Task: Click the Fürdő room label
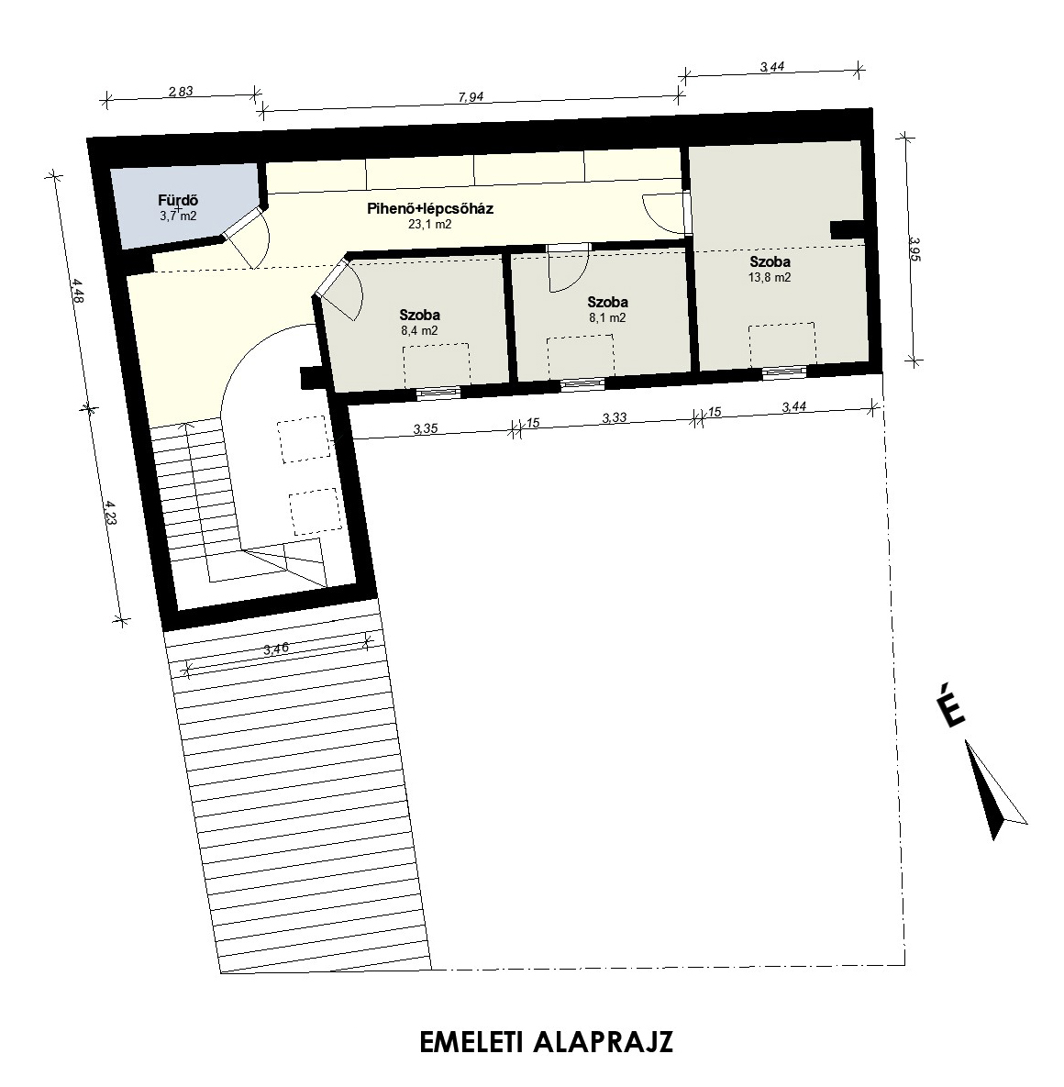tap(177, 201)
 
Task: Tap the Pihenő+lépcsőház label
tap(430, 208)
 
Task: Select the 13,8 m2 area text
tap(770, 277)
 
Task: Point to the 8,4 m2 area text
tap(419, 330)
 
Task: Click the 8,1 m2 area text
tap(607, 318)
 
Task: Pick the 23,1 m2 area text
tap(430, 225)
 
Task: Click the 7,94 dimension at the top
tap(471, 97)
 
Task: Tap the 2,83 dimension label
tap(180, 91)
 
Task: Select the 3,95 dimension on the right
tap(914, 249)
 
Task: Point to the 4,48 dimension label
tap(78, 291)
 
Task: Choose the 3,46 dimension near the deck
tap(276, 649)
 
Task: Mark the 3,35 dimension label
tap(425, 428)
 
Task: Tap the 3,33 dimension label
tap(615, 417)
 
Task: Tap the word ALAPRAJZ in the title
tap(603, 1042)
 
